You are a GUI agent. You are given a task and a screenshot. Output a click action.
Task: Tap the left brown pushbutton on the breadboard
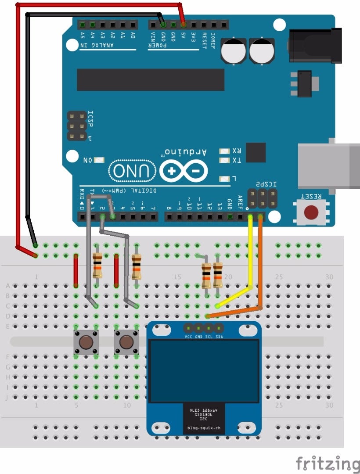pos(85,342)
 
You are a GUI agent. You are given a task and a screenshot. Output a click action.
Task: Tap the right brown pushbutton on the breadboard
pos(126,342)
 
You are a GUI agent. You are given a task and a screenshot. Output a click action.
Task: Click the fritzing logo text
pos(327,463)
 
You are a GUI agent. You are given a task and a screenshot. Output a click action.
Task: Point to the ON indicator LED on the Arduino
pos(99,160)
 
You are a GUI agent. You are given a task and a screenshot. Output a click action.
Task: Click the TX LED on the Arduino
pos(225,161)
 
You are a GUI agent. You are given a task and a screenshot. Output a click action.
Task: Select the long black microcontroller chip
pos(150,79)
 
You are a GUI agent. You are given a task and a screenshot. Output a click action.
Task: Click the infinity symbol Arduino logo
pos(184,171)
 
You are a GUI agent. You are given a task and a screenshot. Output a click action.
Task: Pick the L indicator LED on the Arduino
pos(225,179)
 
